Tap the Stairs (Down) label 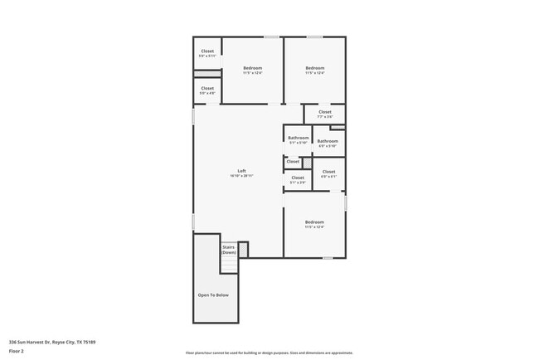(229, 249)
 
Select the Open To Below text (213, 295)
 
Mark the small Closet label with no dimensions (293, 162)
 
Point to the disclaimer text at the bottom (269, 353)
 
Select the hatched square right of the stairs (243, 248)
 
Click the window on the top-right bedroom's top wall (314, 36)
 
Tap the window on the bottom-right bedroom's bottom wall (328, 257)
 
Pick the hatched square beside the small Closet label (306, 162)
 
